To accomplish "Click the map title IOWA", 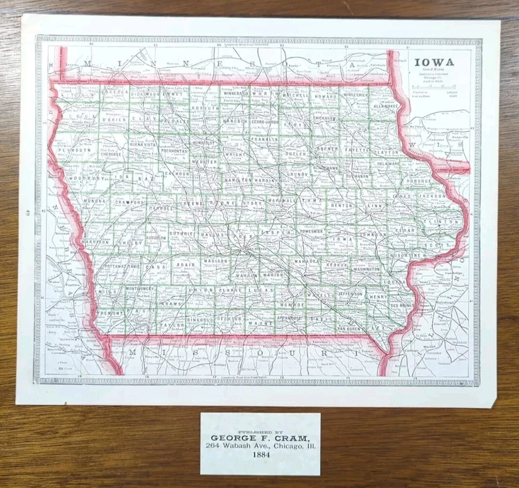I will [434, 62].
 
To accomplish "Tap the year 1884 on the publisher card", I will [260, 455].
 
